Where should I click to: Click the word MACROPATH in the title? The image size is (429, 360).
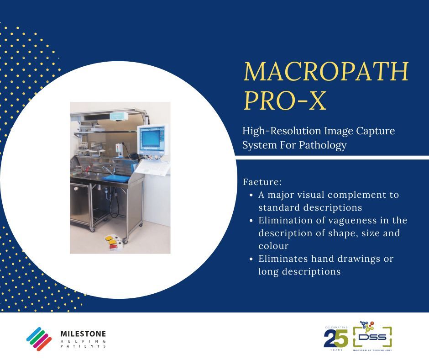[326, 72]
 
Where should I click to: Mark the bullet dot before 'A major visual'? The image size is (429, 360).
[252, 195]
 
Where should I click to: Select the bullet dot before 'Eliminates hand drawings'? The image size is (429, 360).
[252, 259]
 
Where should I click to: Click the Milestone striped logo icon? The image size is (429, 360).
[39, 339]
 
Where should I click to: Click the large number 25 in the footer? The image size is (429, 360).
[336, 339]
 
